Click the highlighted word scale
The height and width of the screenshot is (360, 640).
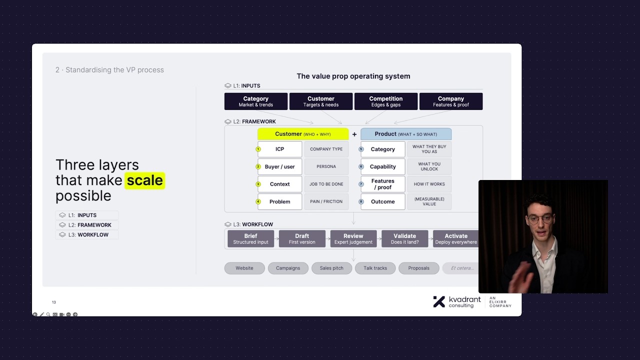144,180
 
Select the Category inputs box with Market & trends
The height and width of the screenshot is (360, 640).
255,101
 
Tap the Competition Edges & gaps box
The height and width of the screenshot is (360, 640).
385,101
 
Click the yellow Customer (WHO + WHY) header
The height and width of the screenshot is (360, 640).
302,134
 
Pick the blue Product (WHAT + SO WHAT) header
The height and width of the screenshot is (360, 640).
405,134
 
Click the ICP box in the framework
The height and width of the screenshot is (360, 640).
279,149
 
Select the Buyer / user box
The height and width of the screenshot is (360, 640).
279,166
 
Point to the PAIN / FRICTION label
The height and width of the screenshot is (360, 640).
326,201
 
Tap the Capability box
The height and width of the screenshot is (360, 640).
382,166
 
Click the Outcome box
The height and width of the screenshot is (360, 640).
382,201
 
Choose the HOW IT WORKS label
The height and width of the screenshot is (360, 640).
429,184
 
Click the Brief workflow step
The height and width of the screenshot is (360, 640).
250,238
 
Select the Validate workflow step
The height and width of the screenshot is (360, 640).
404,238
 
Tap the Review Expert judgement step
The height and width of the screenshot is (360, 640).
353,238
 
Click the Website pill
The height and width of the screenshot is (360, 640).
244,268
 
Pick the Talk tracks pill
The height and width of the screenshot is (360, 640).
375,268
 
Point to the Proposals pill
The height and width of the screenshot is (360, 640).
418,268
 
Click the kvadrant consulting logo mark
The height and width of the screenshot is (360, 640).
439,301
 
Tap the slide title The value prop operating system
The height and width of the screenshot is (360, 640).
353,76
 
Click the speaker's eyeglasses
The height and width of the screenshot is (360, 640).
540,219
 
